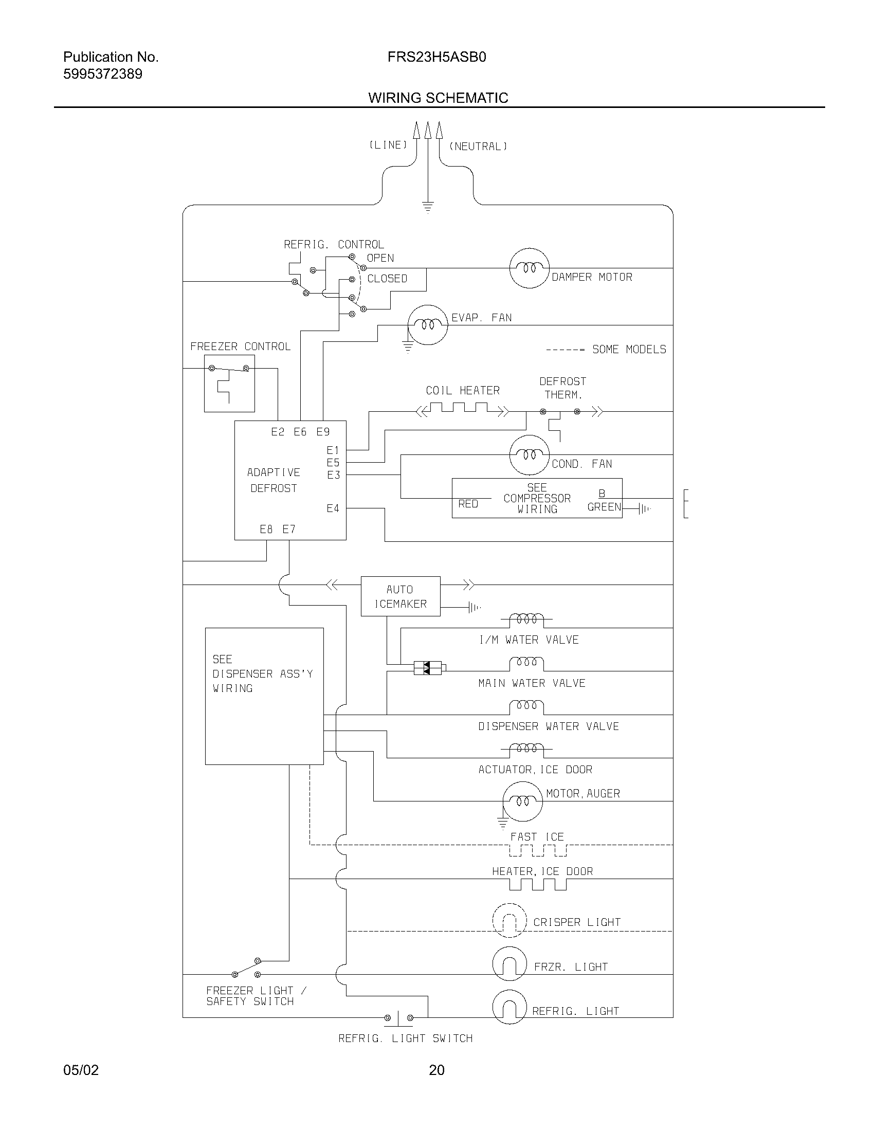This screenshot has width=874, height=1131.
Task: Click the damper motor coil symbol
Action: (x=529, y=268)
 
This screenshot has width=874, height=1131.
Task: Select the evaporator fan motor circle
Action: (x=428, y=325)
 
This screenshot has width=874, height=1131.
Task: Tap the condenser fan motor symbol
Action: (x=529, y=454)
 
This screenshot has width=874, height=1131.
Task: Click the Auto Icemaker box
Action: (x=400, y=596)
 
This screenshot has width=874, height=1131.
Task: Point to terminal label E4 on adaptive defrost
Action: (x=333, y=508)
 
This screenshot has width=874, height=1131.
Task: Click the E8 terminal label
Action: (x=266, y=529)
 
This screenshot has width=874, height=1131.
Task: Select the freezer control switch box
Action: (x=229, y=383)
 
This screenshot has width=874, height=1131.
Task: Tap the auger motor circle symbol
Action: (x=523, y=801)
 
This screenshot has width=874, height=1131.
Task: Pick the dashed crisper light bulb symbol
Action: (x=509, y=920)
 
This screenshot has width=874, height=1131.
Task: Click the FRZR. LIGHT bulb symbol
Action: (x=509, y=964)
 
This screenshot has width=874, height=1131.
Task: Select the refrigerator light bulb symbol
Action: (x=509, y=1007)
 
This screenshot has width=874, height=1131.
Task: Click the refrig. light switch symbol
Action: (x=398, y=1017)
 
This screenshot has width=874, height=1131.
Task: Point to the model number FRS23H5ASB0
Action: (x=436, y=57)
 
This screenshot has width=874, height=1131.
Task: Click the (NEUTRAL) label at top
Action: (x=478, y=147)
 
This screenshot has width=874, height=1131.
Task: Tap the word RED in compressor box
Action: (x=468, y=504)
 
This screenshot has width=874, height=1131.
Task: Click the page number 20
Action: (x=436, y=1070)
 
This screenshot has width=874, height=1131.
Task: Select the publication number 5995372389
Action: (x=102, y=74)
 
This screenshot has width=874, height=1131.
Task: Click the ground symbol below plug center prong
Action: (x=428, y=207)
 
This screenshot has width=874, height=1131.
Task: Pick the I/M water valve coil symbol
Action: (x=526, y=619)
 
